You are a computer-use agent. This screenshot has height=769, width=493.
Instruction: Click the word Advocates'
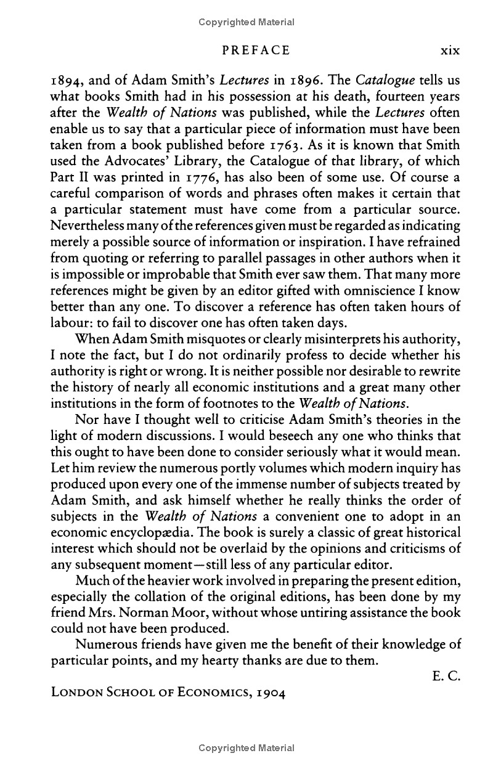[x=122, y=161]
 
